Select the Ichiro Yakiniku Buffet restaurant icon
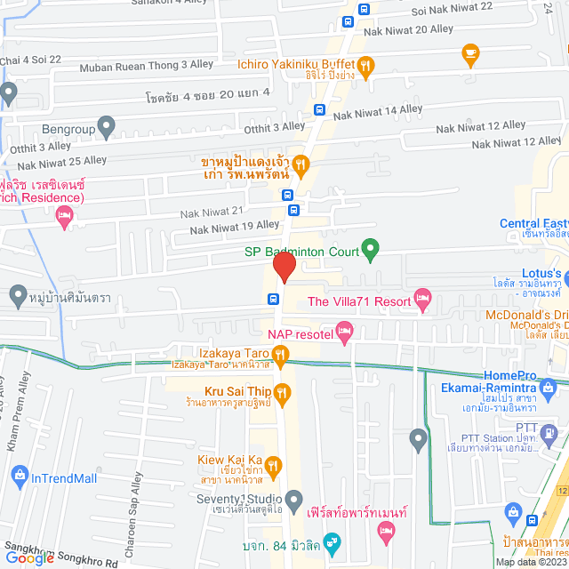tap(365, 64)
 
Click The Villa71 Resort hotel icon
tap(422, 301)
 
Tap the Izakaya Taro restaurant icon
tap(281, 357)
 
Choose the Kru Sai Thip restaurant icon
tap(282, 392)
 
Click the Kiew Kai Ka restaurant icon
tap(273, 464)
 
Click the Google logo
tap(30, 557)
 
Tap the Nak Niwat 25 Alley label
tap(62, 161)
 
